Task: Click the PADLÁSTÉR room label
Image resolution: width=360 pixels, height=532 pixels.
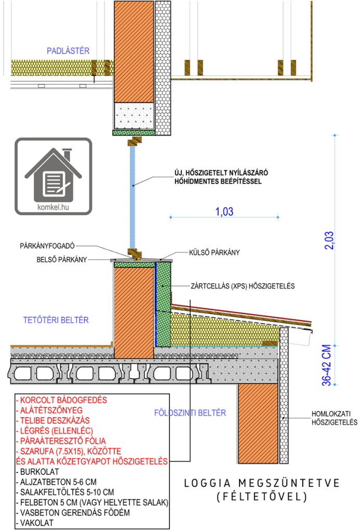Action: [69, 50]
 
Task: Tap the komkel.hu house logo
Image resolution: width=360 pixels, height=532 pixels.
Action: [53, 177]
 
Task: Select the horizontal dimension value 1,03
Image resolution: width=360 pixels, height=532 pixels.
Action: [224, 211]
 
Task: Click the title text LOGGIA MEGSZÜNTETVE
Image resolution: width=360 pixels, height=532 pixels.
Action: [262, 483]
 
